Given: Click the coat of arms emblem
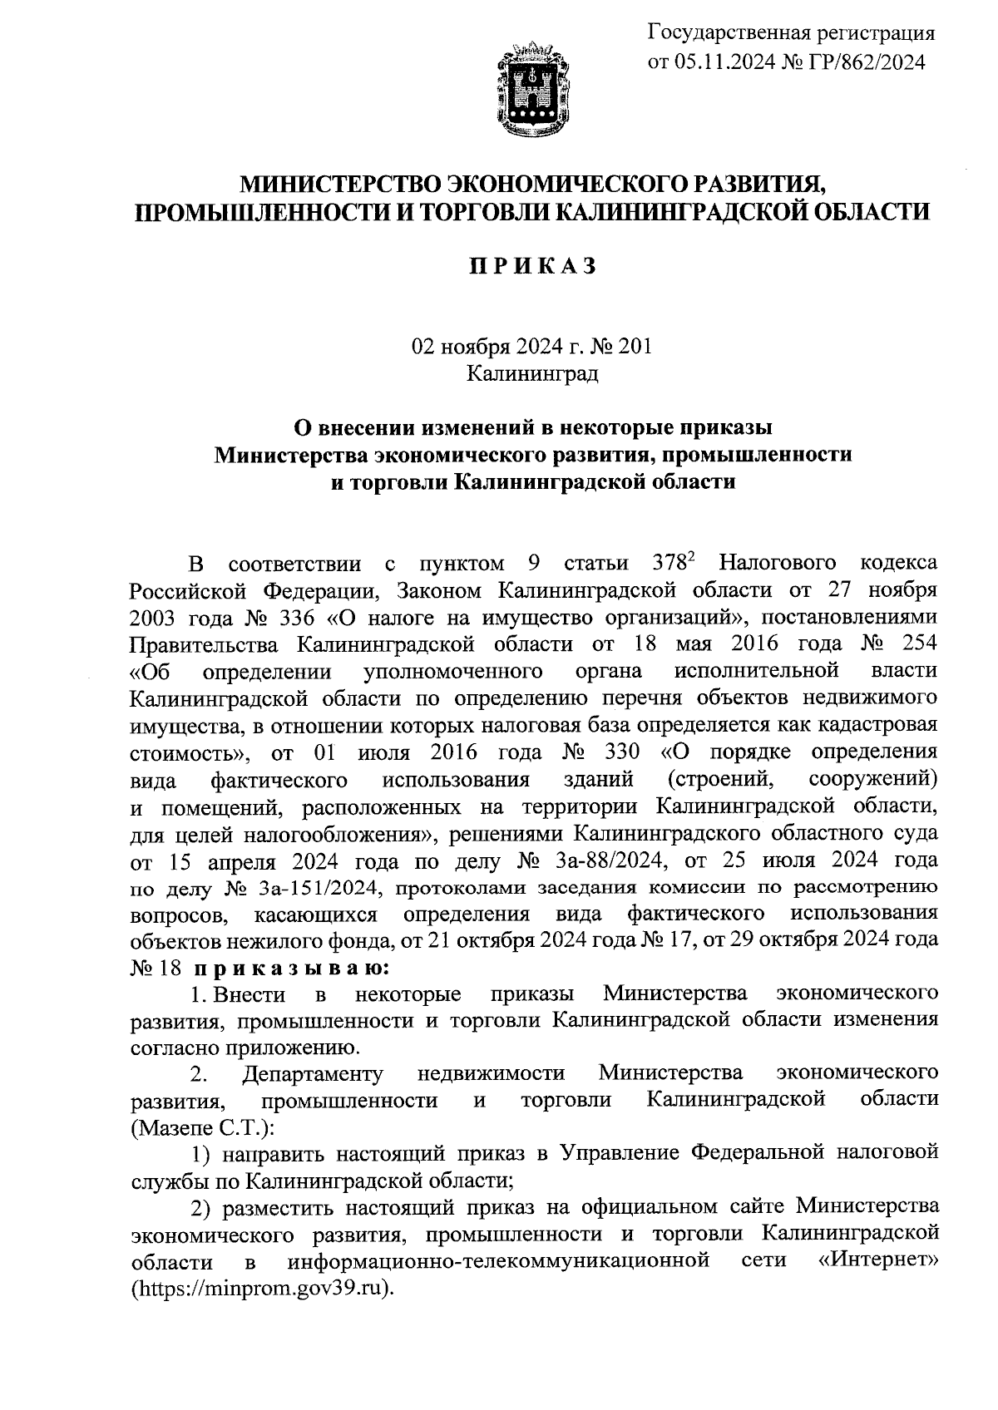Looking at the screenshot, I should point(534,89).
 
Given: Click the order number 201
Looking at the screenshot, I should point(635,347).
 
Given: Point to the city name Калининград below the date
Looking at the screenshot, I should point(532,373).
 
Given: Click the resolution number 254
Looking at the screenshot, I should point(917,643).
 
